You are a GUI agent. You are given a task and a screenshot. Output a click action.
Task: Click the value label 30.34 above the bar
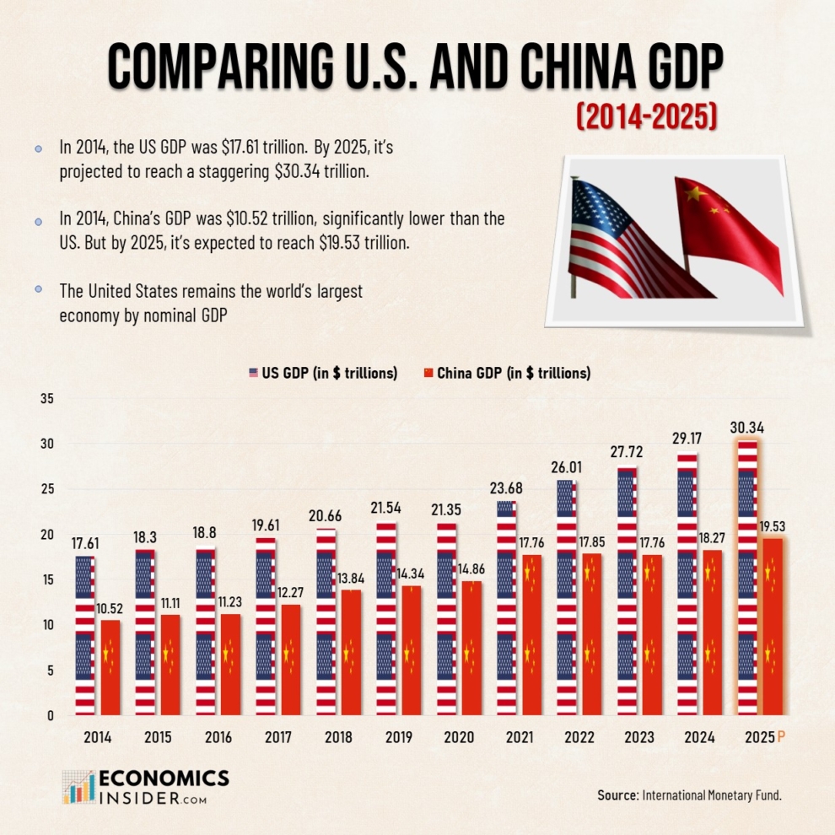pyautogui.click(x=747, y=428)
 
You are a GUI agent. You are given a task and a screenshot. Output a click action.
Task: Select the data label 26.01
pyautogui.click(x=566, y=466)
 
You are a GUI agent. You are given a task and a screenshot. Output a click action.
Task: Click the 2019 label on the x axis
pyautogui.click(x=399, y=737)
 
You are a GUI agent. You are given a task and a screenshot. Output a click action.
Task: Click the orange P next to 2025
pyautogui.click(x=781, y=737)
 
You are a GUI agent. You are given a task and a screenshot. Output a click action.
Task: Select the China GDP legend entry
pyautogui.click(x=506, y=373)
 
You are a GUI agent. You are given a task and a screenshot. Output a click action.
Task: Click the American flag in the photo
pyautogui.click(x=624, y=240)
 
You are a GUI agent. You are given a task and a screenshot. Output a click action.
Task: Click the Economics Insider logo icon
pyautogui.click(x=78, y=786)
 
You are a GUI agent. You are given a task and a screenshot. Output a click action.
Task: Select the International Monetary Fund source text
pyautogui.click(x=717, y=795)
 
